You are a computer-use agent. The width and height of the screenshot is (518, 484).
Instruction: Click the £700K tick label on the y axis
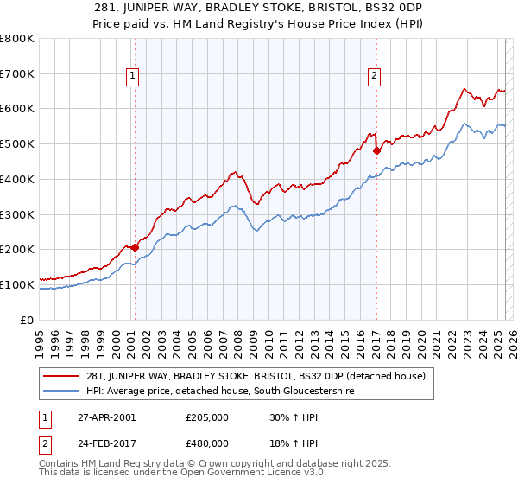tap(17, 74)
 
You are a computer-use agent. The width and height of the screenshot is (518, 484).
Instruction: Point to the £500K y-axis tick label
tap(17, 144)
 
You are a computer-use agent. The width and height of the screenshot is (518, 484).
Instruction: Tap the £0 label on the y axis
tap(28, 320)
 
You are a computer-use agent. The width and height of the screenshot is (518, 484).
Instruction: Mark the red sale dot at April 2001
tap(136, 247)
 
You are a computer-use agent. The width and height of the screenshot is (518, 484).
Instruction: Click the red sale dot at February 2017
tap(376, 150)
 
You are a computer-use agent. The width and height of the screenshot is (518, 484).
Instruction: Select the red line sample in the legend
tap(62, 376)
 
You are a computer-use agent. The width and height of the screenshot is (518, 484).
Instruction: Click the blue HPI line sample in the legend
tap(62, 391)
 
